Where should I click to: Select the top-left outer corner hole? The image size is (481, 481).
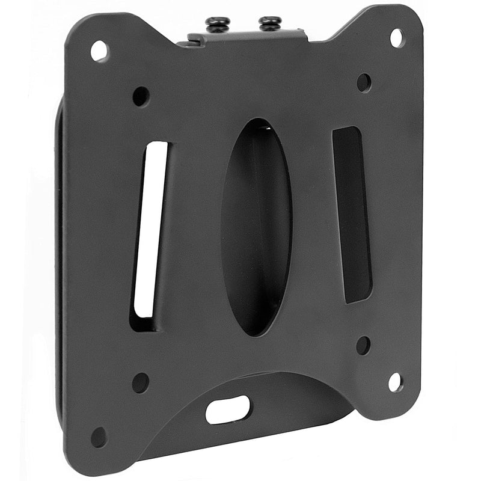tap(99, 51)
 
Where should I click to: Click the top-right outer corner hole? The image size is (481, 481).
tap(397, 38)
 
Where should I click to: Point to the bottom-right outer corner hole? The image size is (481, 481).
tap(395, 381)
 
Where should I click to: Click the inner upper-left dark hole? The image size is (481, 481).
tap(141, 96)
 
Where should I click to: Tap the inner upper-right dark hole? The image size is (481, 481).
tap(364, 82)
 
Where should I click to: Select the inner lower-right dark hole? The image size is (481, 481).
tap(363, 345)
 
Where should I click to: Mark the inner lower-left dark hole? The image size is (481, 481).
tap(140, 382)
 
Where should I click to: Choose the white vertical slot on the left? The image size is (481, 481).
tap(150, 228)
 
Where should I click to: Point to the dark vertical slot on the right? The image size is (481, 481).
tap(352, 213)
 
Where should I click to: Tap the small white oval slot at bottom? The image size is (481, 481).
tap(228, 410)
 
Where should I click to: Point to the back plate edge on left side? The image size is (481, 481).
tap(60, 253)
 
